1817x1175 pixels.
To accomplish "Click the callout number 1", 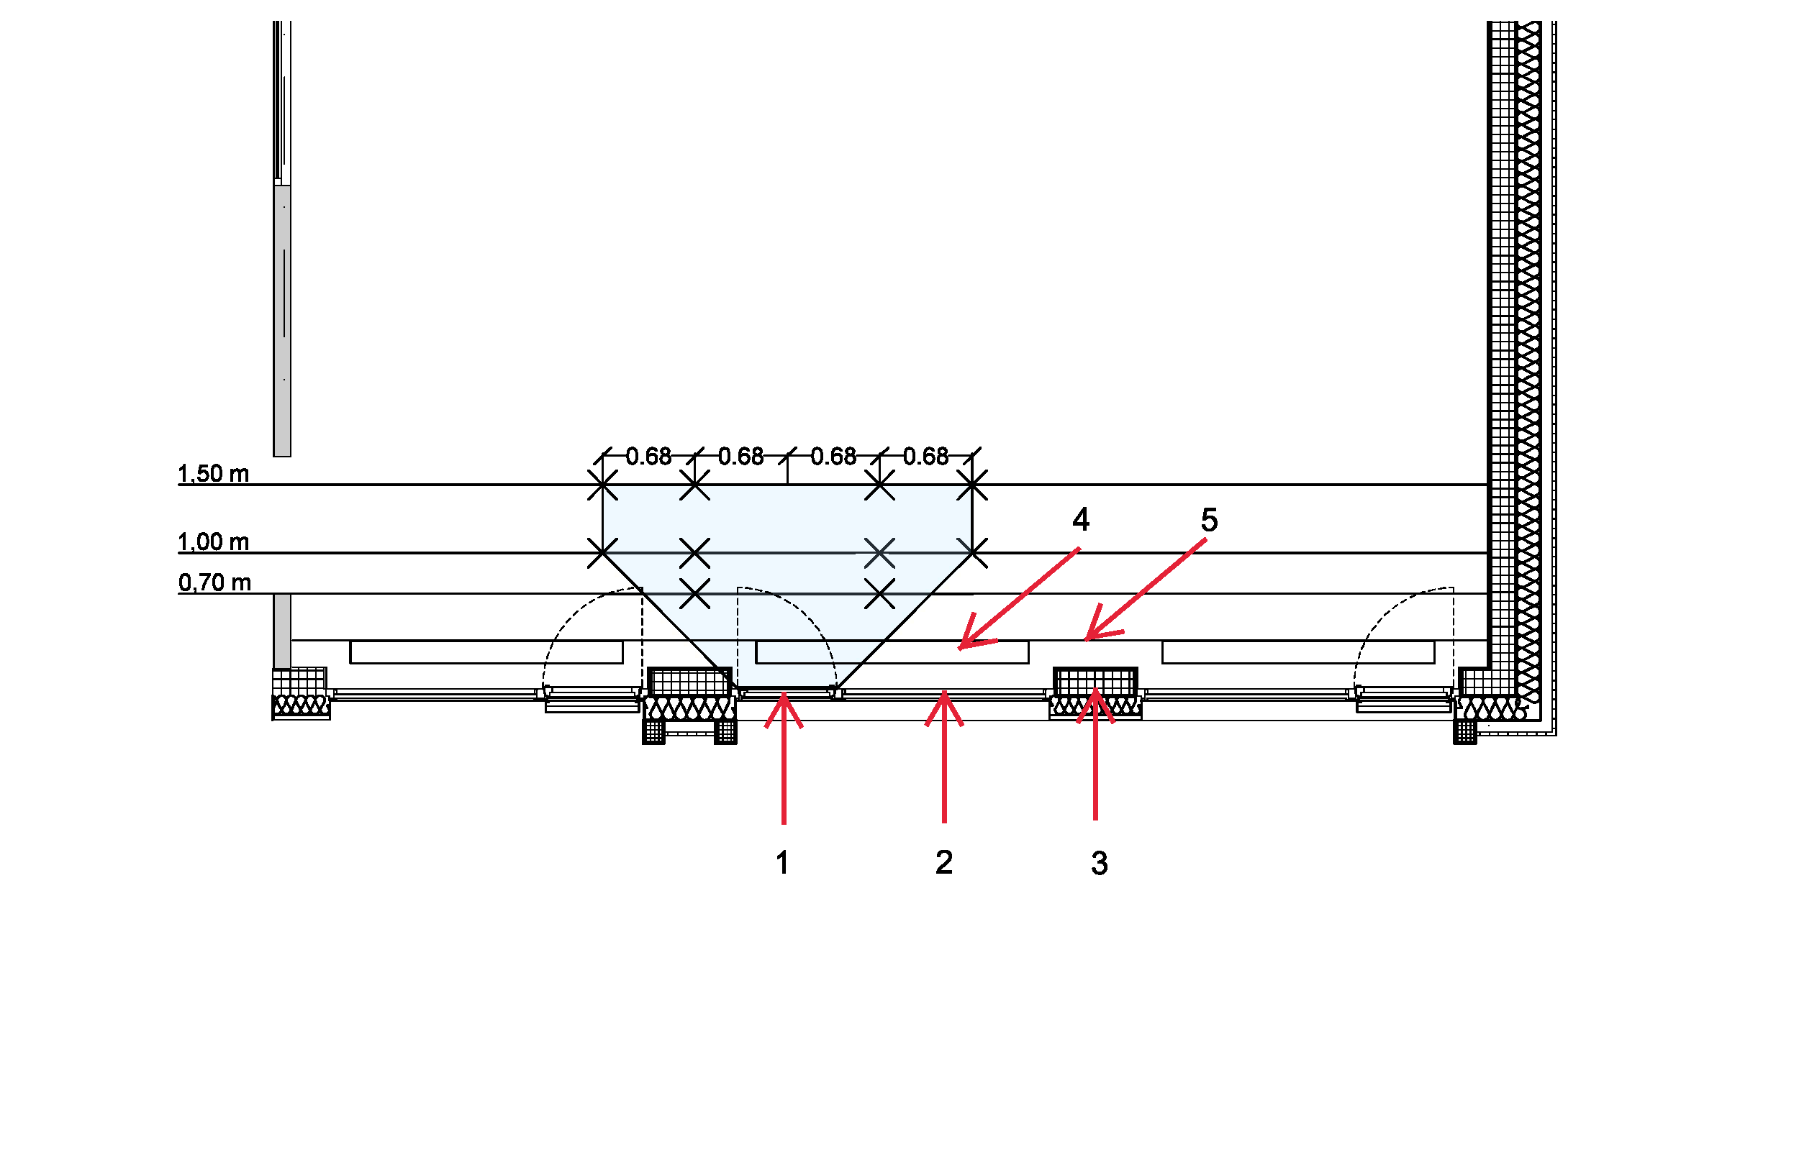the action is (781, 863).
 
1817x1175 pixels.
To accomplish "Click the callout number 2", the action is (943, 863).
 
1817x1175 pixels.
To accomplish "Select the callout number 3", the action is (1100, 864).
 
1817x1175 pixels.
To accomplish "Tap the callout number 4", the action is (1080, 520).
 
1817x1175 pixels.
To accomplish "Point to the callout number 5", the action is (1210, 521).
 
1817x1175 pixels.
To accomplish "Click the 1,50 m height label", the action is (214, 474).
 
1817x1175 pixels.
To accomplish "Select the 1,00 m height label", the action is (214, 541).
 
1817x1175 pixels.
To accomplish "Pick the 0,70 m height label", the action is (214, 583).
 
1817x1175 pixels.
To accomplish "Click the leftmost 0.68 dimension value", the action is (648, 457).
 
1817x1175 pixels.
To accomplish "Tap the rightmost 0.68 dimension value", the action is (925, 457).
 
